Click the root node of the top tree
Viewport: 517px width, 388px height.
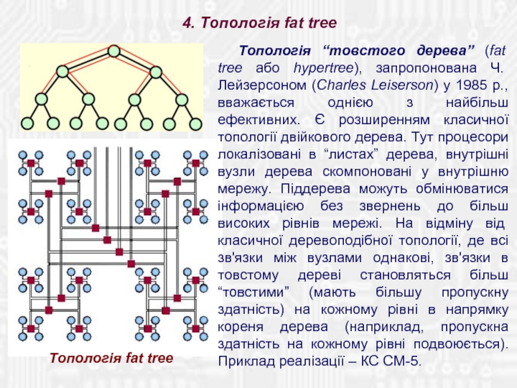point(114,50)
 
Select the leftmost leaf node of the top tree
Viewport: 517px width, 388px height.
point(28,123)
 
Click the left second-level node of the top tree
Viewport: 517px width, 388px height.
point(63,71)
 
